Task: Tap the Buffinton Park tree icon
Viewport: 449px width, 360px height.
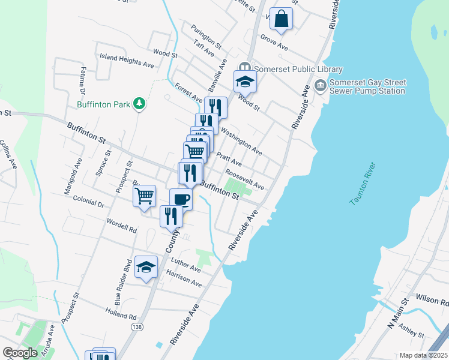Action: (139, 104)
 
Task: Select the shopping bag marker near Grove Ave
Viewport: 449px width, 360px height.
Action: (281, 19)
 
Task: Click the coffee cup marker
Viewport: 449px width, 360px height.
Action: (180, 199)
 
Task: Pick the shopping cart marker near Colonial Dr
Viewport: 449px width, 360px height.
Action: (145, 196)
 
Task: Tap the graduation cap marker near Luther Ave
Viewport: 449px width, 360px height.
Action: (145, 268)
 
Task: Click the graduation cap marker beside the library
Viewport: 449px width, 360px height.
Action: (245, 82)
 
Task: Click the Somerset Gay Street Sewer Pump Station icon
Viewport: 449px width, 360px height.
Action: (319, 86)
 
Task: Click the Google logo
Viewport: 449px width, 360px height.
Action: (20, 353)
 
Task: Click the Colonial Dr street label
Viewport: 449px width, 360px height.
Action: (89, 201)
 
